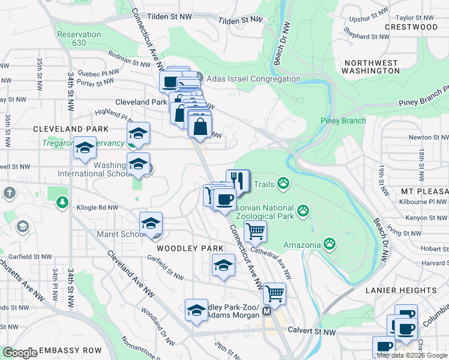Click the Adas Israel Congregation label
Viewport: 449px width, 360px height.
(252, 79)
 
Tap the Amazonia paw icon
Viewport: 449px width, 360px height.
(330, 244)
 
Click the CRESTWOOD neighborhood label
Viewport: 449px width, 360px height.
(411, 27)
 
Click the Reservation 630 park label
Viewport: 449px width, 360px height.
(79, 38)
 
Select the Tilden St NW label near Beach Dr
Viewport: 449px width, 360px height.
(241, 20)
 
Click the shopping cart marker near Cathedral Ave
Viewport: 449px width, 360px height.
(255, 230)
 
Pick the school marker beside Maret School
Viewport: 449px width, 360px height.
(151, 224)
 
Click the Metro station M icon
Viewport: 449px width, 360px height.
(267, 312)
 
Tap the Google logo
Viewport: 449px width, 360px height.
(20, 353)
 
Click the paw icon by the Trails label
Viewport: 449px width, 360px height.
(282, 183)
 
